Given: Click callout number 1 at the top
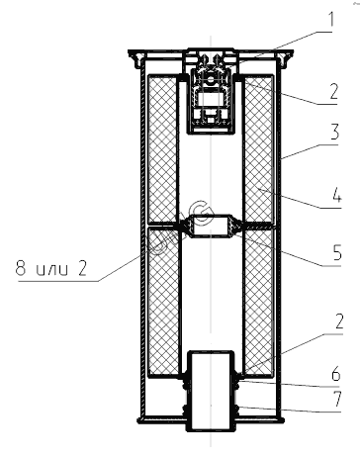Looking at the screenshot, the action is pos(330,19).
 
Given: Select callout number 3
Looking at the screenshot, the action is pos(334,132).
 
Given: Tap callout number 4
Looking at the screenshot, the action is pos(336,195).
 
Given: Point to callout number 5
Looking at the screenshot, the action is pos(337,253).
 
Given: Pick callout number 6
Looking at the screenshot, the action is pos(335,374).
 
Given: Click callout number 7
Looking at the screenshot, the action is pos(336,399).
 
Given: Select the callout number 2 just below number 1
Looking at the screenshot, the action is pos(333,91).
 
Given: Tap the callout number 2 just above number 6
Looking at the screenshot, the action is pos(338,321).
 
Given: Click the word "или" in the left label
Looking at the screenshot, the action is pos(52,270).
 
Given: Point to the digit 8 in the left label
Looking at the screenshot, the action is pos(21,268).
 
